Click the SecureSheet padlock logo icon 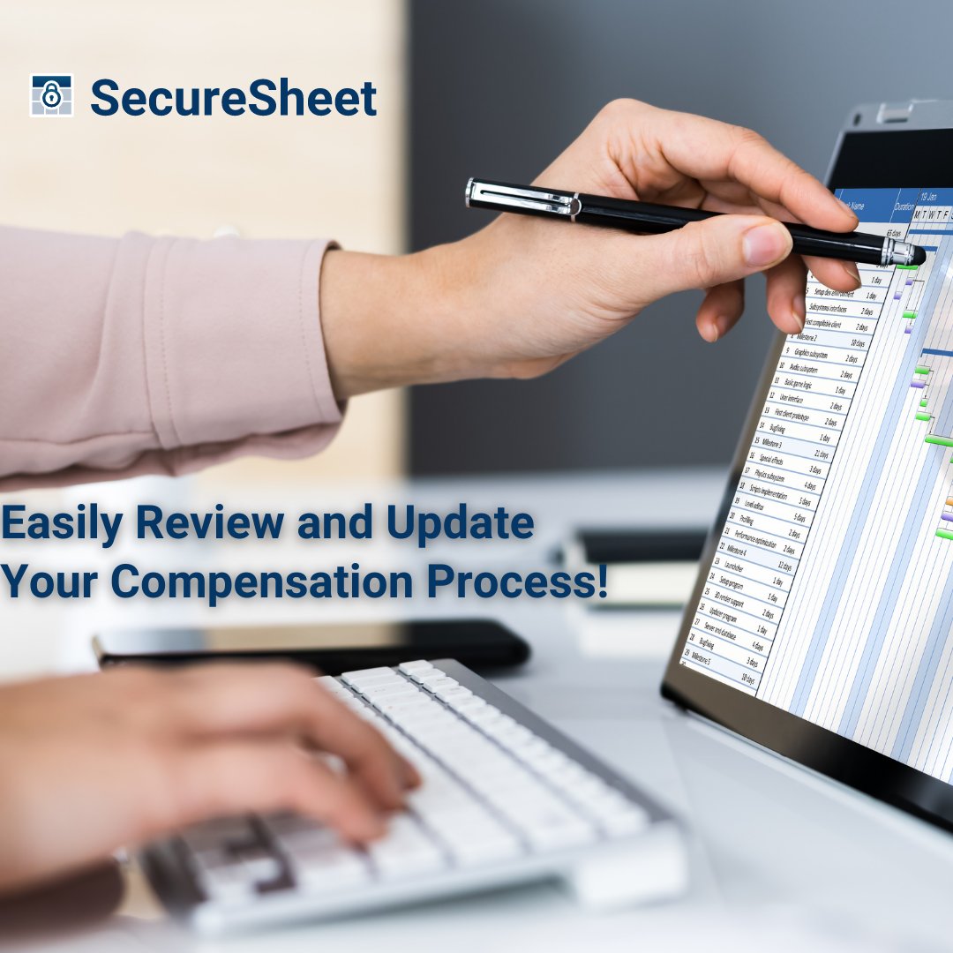tap(50, 96)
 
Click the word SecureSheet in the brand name tap(233, 98)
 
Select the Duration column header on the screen tap(903, 208)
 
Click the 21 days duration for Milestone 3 tap(822, 454)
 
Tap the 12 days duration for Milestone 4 tap(784, 566)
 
